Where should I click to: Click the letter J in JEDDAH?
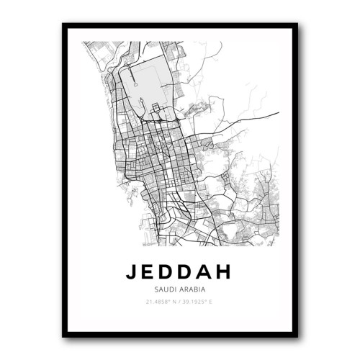[x=131, y=272]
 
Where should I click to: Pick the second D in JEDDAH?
[x=189, y=272]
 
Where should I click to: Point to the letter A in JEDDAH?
[x=208, y=272]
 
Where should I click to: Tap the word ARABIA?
[x=192, y=289]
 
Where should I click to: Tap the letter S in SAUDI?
[x=156, y=289]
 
